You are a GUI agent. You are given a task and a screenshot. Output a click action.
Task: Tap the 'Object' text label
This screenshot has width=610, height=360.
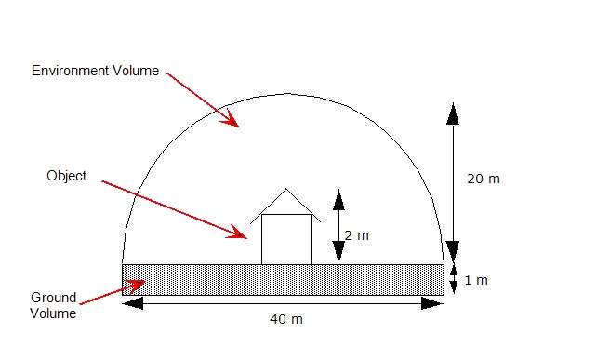point(65,176)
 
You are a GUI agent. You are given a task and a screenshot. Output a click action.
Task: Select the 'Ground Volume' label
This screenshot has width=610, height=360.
point(53,305)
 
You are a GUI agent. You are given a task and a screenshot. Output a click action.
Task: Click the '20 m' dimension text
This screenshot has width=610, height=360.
point(483,179)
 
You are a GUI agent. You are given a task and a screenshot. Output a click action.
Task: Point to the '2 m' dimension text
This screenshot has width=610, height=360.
point(356,236)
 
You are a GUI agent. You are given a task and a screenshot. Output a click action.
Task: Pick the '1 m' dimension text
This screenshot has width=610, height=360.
point(475,280)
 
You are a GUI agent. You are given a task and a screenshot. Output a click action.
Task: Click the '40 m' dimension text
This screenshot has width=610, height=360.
point(285,319)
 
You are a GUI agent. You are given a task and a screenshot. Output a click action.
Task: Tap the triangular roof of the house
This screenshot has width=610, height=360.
point(285,205)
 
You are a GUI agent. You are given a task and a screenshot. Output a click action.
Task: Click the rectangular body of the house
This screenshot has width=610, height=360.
point(285,239)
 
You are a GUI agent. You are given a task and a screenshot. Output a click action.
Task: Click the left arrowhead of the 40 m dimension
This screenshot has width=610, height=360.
point(133,302)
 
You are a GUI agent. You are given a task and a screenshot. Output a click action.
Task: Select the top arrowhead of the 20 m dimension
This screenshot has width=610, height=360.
point(453,111)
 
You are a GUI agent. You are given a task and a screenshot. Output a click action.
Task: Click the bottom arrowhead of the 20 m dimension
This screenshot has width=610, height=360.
point(453,249)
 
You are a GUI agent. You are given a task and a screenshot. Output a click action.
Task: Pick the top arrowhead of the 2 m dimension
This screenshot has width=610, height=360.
point(338,199)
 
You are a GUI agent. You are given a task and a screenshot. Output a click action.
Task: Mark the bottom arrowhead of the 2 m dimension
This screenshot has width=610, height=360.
point(338,251)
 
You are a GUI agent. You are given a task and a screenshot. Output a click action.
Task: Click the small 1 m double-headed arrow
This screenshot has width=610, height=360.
point(453,279)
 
